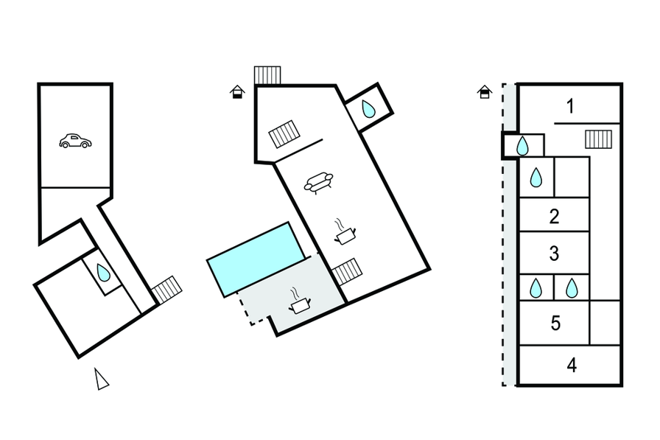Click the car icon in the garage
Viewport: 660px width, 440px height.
click(74, 141)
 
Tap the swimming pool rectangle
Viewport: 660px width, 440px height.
click(256, 258)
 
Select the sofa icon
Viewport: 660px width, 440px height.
click(318, 181)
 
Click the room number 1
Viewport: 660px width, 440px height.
click(570, 106)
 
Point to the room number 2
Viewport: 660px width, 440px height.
click(555, 216)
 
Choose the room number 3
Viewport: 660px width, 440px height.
click(555, 254)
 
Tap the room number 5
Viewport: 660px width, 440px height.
click(555, 323)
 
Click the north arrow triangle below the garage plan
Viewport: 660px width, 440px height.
click(102, 379)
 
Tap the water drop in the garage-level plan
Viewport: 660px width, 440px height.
click(104, 274)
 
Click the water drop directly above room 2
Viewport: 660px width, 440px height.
click(536, 178)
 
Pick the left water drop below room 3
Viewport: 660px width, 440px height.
click(536, 287)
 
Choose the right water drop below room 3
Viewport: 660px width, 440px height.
click(572, 287)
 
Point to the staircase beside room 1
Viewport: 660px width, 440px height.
click(598, 139)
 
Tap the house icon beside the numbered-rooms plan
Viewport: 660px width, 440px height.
click(485, 92)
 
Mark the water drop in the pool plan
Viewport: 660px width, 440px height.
click(368, 110)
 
